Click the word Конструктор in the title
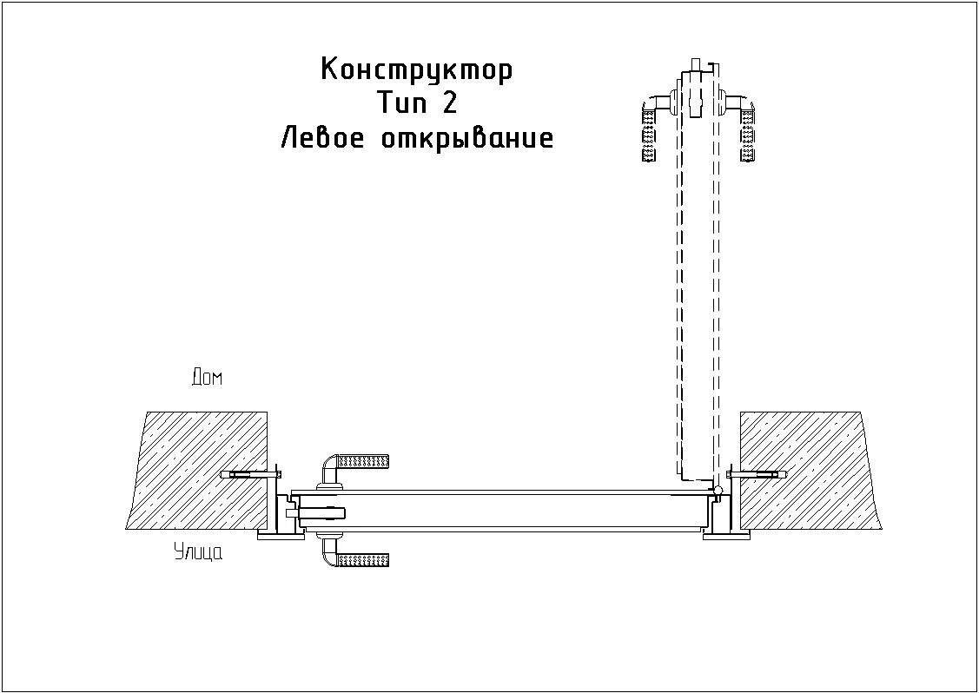(416, 69)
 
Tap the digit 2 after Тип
(448, 103)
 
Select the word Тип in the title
(403, 103)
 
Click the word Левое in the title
(316, 138)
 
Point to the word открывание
(466, 138)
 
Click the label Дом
(207, 378)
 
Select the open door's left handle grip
(648, 130)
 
